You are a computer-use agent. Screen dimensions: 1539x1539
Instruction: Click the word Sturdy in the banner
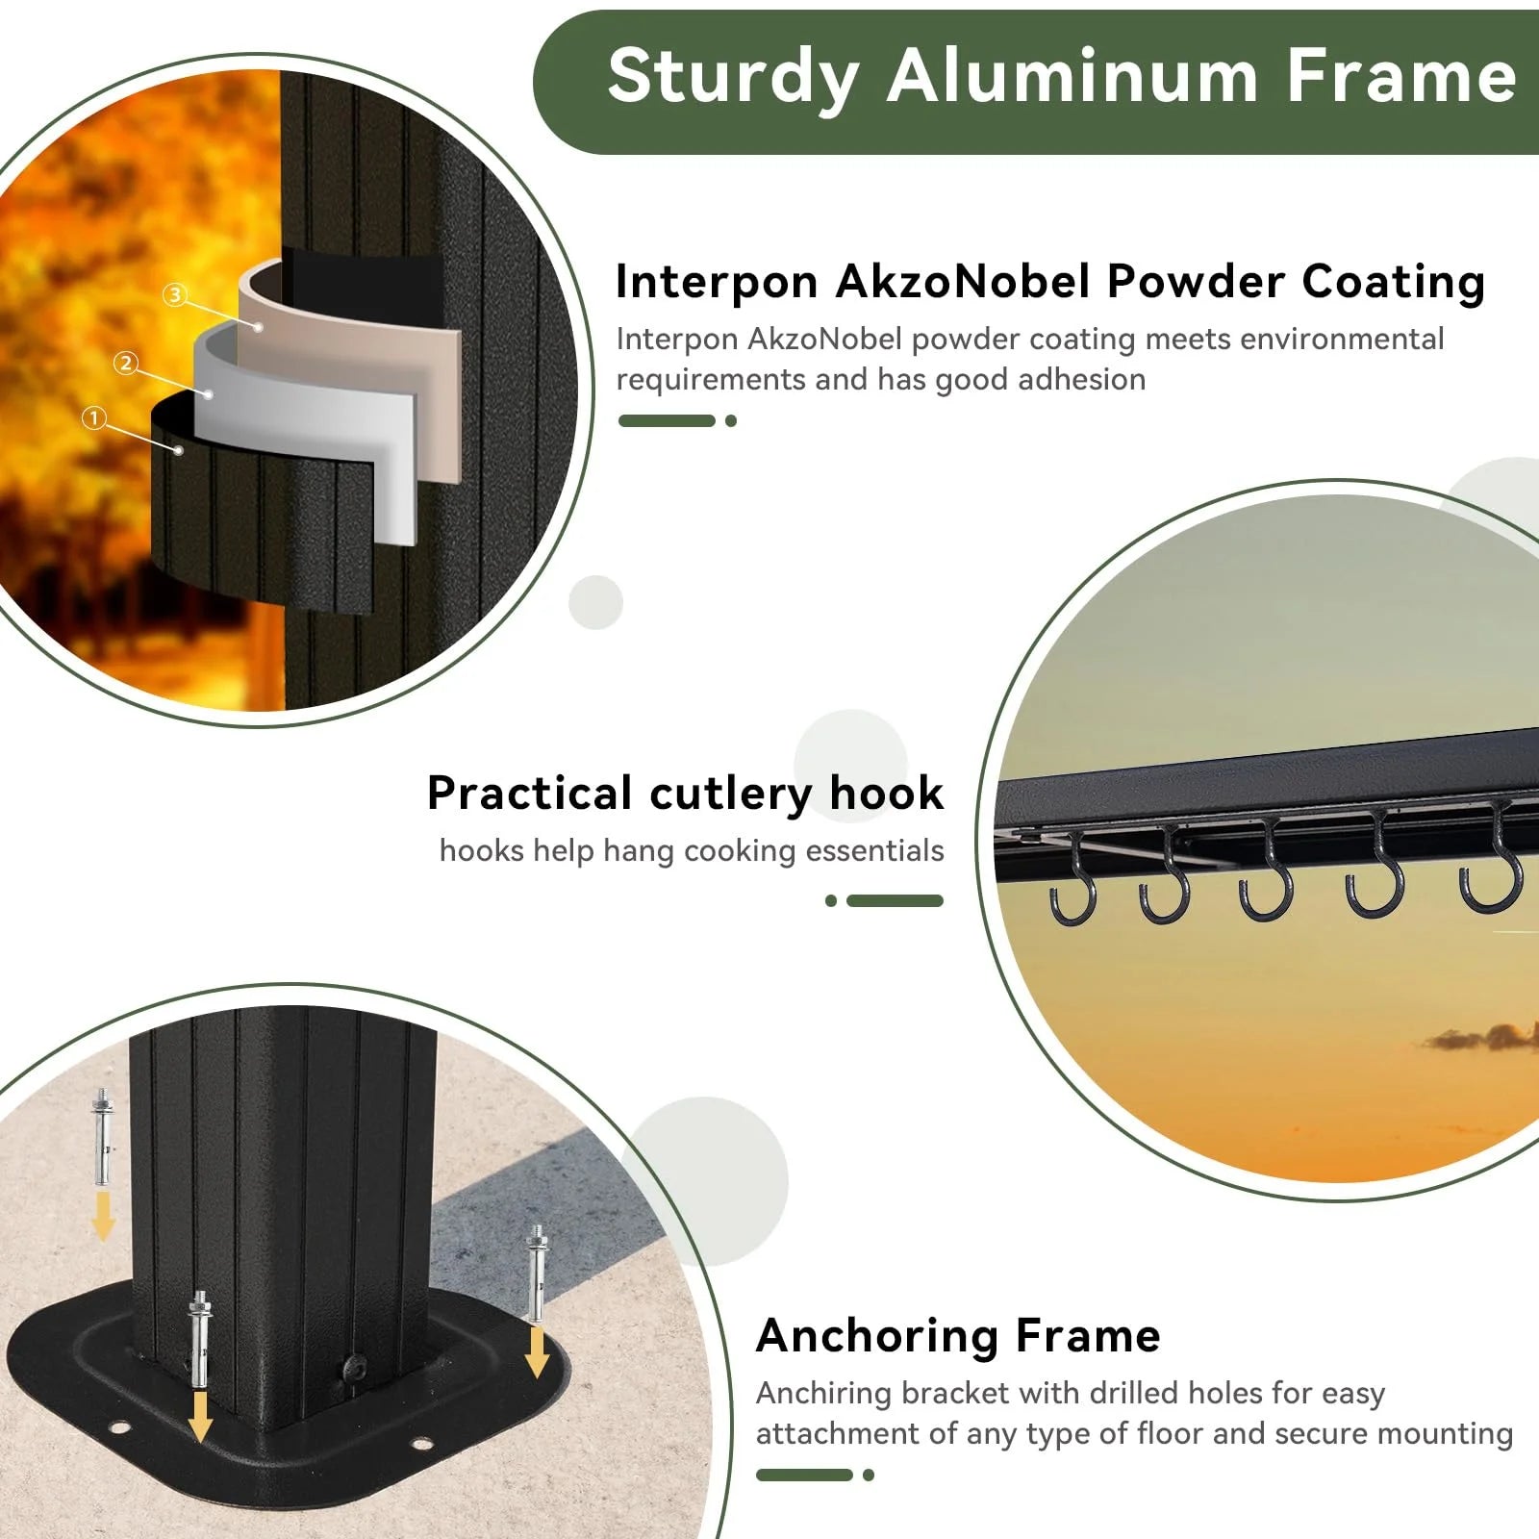(x=733, y=77)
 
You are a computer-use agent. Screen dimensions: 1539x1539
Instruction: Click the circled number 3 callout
(x=174, y=294)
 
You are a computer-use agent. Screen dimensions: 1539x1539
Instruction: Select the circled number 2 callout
(x=126, y=364)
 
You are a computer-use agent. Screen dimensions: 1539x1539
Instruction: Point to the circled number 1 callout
(x=93, y=418)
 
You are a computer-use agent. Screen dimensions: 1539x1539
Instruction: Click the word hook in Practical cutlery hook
(x=886, y=794)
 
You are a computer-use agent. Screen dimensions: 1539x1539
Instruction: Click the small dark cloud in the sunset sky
(x=1481, y=1038)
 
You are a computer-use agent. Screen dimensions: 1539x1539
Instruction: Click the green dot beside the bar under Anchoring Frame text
(x=869, y=1476)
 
